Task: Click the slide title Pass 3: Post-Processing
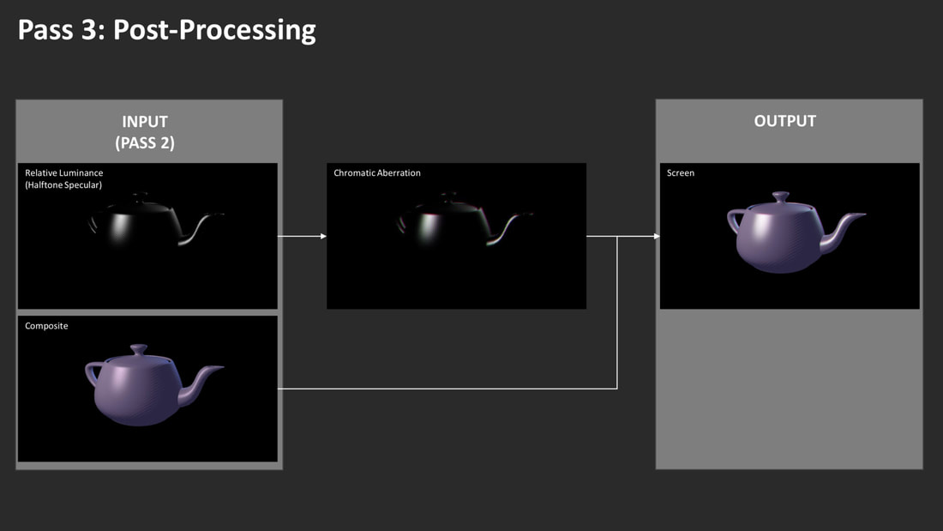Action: (166, 30)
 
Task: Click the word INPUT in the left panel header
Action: (145, 122)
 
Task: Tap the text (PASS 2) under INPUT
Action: (145, 143)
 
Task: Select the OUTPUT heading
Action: (784, 121)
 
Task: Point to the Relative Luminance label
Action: (63, 172)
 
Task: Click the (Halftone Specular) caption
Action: (63, 184)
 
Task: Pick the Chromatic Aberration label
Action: (377, 172)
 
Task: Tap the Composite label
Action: (46, 326)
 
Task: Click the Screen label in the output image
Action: (680, 172)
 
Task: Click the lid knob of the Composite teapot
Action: (139, 348)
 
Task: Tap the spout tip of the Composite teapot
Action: (221, 366)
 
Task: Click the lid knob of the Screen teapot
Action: (781, 196)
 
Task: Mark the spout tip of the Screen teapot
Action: (863, 214)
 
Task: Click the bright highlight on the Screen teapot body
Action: (763, 227)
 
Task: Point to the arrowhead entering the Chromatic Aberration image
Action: (323, 236)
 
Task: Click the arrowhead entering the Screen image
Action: (657, 236)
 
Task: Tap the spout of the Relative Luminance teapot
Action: (199, 229)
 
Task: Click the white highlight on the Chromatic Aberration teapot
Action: (428, 227)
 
